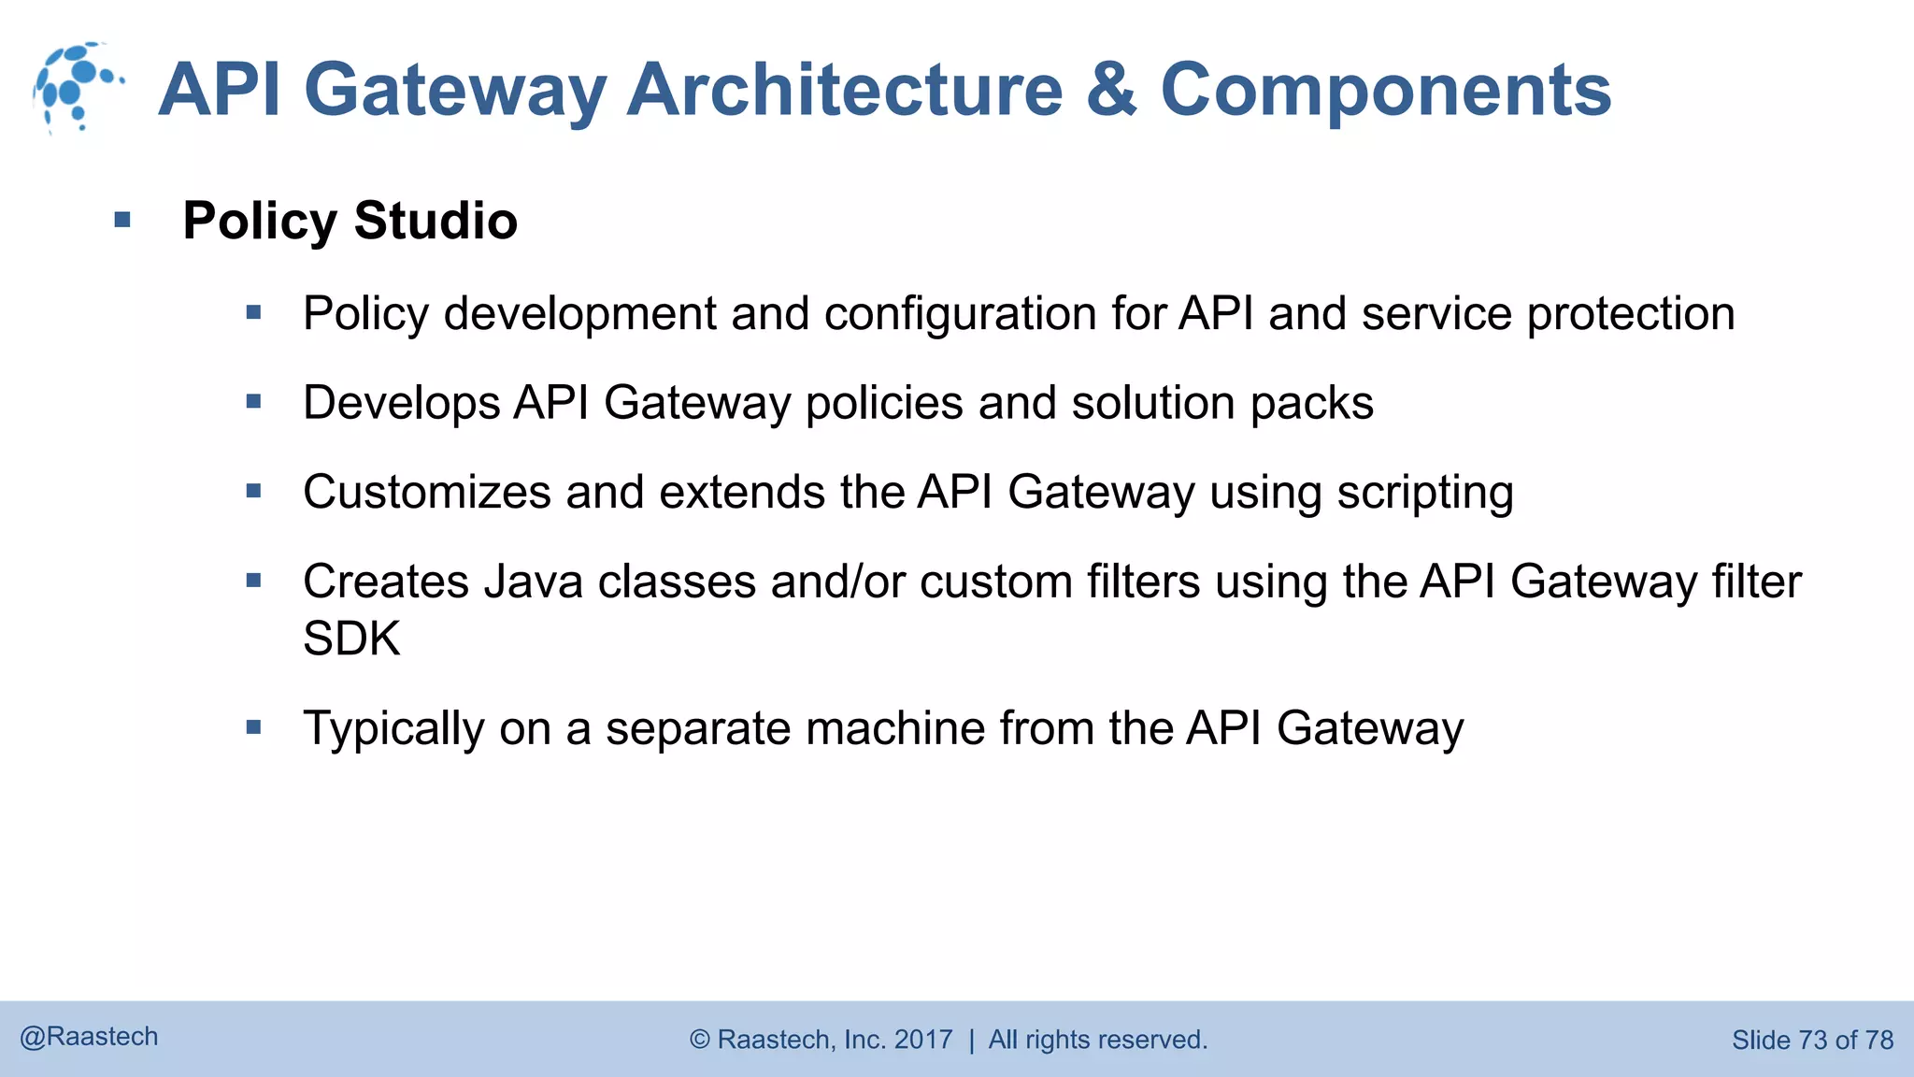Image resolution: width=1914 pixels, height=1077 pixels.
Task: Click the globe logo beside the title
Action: (77, 87)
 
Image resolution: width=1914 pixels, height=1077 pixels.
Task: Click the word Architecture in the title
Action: (845, 90)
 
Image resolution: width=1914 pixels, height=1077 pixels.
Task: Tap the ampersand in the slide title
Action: (1111, 90)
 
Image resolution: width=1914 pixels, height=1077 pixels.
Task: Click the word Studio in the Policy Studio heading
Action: (436, 221)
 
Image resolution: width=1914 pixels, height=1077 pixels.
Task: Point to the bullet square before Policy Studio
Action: (122, 221)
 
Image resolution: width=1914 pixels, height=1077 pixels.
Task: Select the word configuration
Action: (961, 314)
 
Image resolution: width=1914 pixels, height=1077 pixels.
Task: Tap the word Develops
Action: (402, 403)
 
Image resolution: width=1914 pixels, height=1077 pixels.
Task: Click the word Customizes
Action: (427, 493)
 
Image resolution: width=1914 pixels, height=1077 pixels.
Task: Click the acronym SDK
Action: (351, 639)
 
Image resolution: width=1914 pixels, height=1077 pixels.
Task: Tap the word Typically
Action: (393, 728)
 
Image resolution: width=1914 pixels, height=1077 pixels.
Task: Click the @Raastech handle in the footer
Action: (89, 1037)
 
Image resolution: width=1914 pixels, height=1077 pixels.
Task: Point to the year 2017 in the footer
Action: (923, 1040)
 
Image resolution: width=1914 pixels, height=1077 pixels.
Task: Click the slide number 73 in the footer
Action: (1812, 1040)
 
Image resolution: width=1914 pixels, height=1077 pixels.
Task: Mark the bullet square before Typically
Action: (253, 726)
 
